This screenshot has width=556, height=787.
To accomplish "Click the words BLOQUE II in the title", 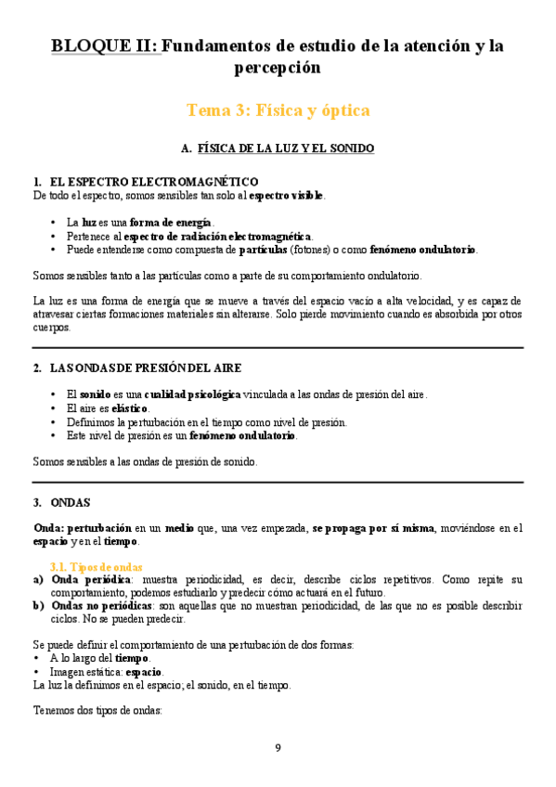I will (105, 45).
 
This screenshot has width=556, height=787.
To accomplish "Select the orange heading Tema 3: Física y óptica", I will (278, 110).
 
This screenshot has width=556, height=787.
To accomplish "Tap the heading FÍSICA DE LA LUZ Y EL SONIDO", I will (286, 148).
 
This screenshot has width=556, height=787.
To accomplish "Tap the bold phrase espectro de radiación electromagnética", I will (232, 237).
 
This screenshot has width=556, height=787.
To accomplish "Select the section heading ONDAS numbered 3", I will (71, 502).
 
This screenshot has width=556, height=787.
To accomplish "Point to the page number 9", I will (278, 748).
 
